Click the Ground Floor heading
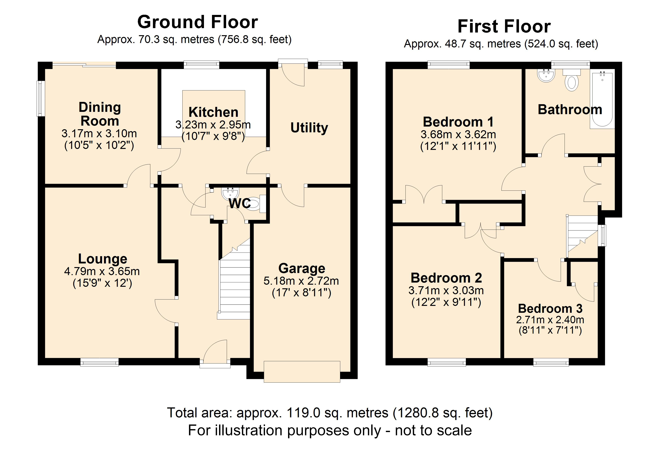click(197, 22)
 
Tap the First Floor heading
click(504, 27)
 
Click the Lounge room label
click(103, 259)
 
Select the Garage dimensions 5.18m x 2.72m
click(301, 281)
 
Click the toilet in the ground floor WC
click(255, 204)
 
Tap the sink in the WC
click(230, 193)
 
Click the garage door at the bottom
click(302, 371)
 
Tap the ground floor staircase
click(234, 285)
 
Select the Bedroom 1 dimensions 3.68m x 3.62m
click(458, 134)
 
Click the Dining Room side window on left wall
click(41, 99)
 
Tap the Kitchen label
click(213, 112)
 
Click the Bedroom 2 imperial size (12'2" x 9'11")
click(446, 302)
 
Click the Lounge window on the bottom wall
click(99, 362)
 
